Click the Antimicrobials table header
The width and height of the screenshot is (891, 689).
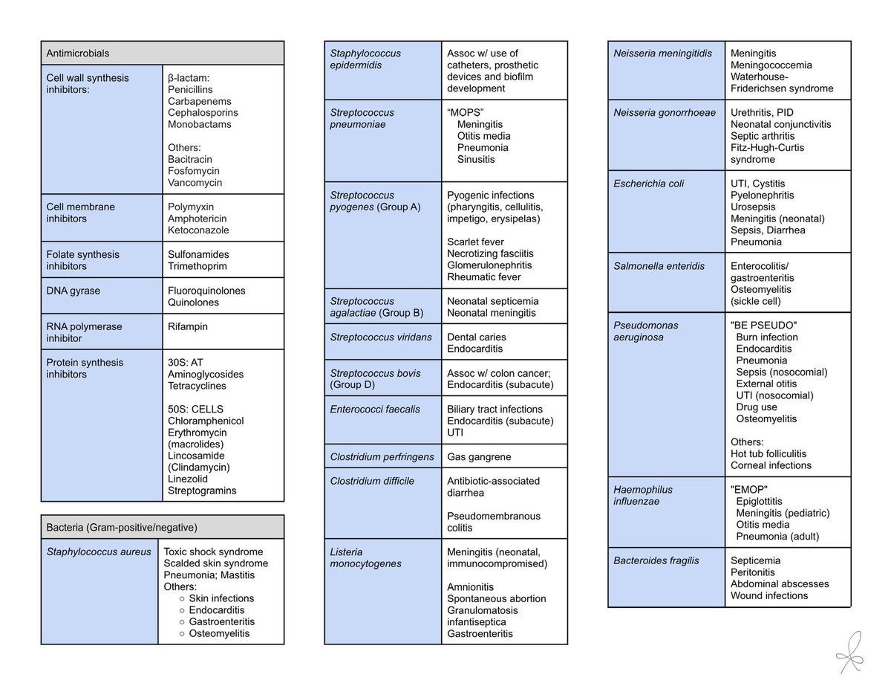(x=78, y=54)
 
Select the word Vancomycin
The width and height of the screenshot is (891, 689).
(x=195, y=183)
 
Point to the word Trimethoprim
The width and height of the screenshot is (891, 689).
(x=198, y=266)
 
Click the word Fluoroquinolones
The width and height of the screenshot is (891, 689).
(x=206, y=291)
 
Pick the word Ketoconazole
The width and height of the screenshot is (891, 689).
(x=198, y=230)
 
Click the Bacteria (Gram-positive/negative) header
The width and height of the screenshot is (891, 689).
(x=121, y=527)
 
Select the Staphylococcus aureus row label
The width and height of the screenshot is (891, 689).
(x=99, y=551)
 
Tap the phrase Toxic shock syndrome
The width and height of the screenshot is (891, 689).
(x=213, y=551)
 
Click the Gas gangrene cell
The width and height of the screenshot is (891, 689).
(x=479, y=456)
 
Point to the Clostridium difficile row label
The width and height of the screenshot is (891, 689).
(x=372, y=481)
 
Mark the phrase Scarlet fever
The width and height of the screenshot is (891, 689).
(x=475, y=242)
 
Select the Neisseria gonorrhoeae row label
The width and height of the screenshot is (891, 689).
(x=665, y=112)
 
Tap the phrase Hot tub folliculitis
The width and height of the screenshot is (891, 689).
(x=768, y=453)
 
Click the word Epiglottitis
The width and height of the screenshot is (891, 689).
(x=759, y=501)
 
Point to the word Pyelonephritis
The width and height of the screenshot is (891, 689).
(x=762, y=195)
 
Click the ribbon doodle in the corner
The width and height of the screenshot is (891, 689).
(x=850, y=653)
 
